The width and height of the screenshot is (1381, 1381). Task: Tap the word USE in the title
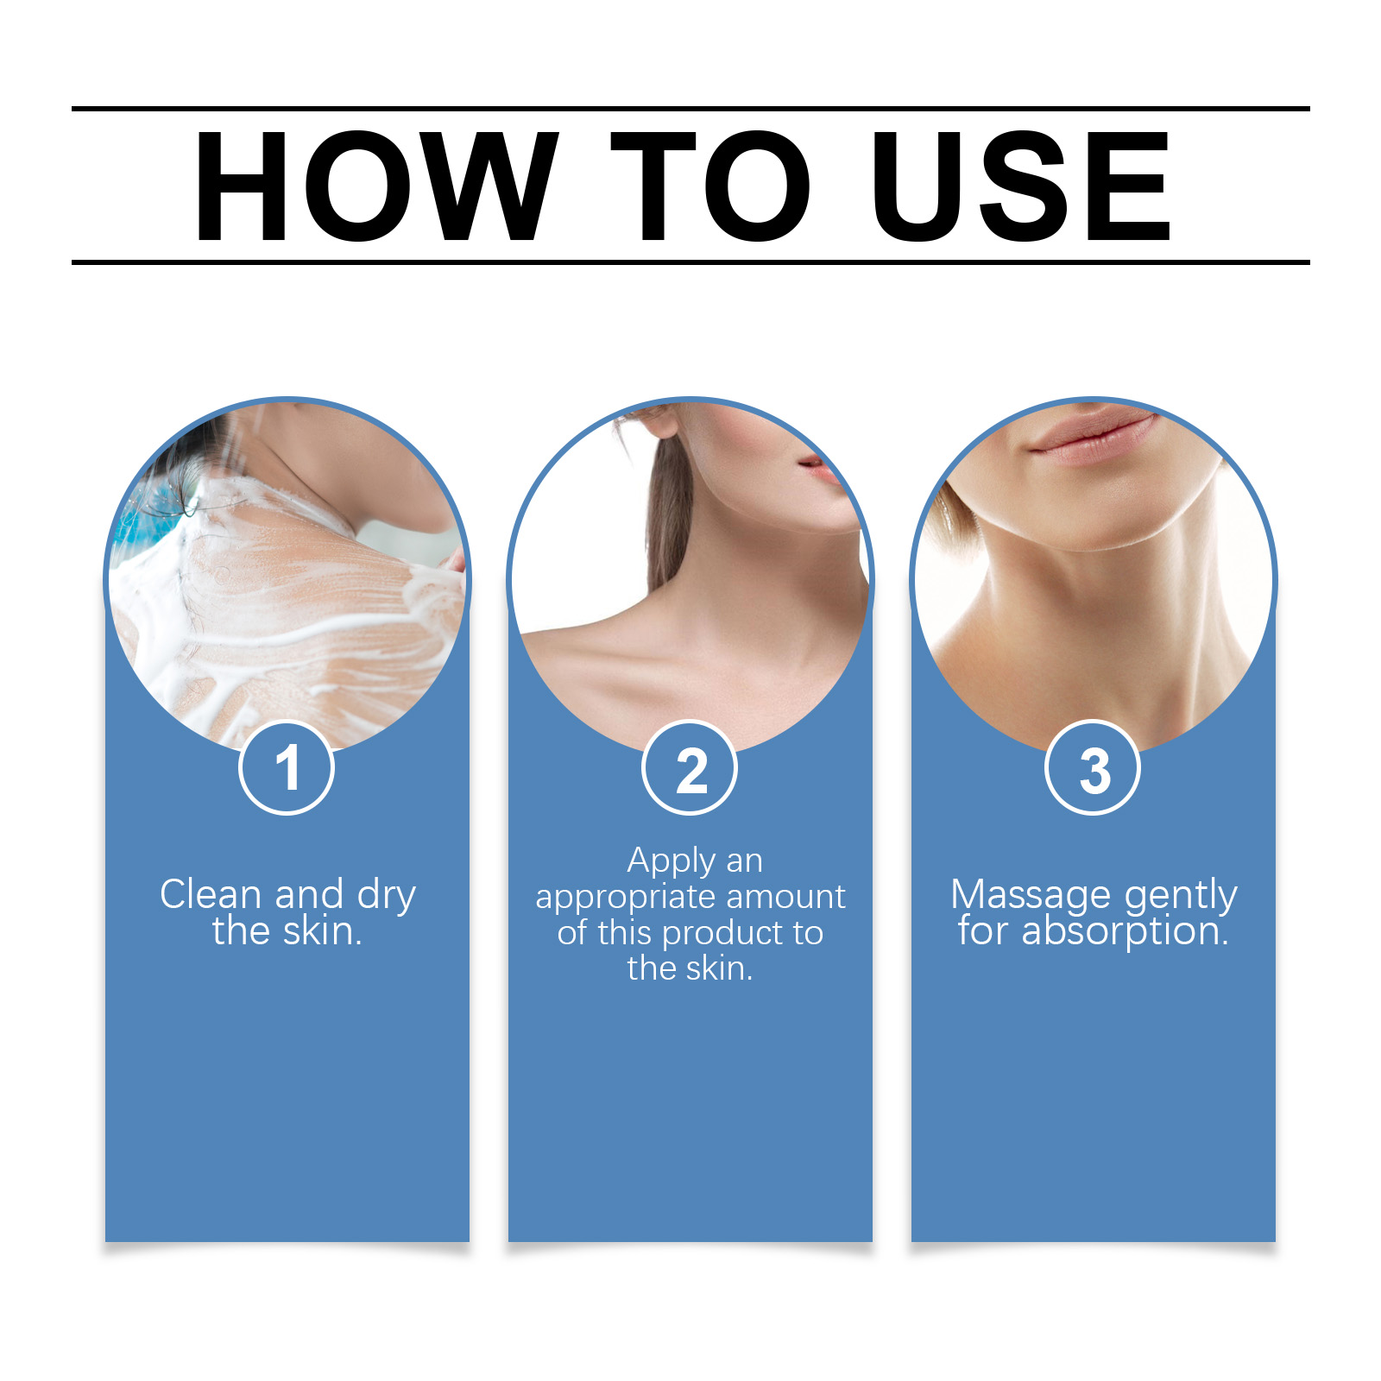[x=1021, y=186]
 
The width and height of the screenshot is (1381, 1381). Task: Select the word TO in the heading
[x=710, y=186]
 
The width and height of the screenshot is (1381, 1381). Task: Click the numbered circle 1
[x=287, y=767]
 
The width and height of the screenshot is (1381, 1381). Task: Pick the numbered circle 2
[x=690, y=767]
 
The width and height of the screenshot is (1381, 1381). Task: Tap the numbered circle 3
[x=1093, y=767]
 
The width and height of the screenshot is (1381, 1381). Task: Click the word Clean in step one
[x=211, y=894]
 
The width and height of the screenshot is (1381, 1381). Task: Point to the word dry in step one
[x=387, y=898]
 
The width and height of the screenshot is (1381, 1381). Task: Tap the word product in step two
[x=719, y=934]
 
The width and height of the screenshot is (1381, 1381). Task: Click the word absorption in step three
[x=1125, y=932]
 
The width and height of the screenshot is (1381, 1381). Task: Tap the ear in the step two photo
[x=661, y=418]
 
